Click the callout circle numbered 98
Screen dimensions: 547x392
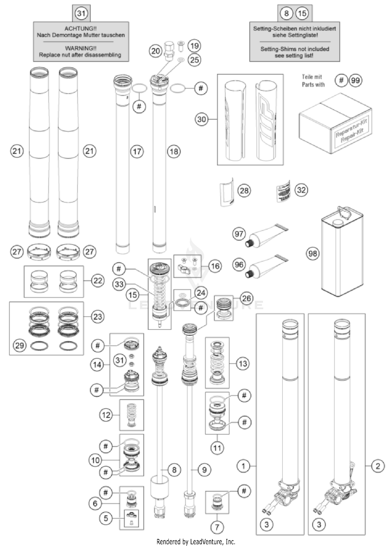coord(313,253)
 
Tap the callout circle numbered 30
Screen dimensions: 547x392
coord(201,119)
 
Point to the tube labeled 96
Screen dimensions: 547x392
coord(267,267)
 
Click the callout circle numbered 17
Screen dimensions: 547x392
coord(137,151)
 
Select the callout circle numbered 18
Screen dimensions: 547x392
coord(174,151)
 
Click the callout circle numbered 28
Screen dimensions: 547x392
coord(244,190)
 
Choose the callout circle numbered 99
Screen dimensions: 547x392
coord(355,80)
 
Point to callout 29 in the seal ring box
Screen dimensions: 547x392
coord(20,346)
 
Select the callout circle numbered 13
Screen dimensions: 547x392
coord(243,363)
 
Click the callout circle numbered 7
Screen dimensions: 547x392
coord(217,527)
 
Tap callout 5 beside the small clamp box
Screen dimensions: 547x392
coord(106,518)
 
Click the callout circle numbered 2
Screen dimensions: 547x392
coord(378,466)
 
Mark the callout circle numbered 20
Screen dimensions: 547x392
coord(155,51)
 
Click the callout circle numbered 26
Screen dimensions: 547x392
coord(246,298)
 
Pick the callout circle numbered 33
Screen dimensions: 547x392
coord(119,284)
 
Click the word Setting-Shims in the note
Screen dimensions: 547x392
coord(273,49)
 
